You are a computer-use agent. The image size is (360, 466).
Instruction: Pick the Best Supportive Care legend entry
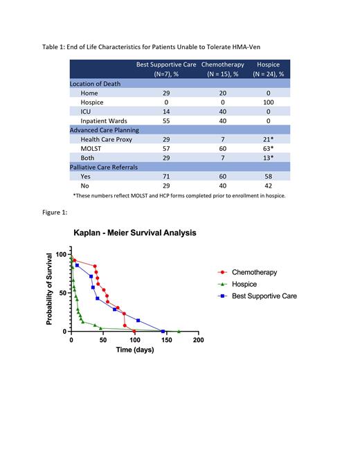point(264,296)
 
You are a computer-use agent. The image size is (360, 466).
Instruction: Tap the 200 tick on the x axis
point(198,340)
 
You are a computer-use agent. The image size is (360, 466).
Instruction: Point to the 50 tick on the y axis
point(63,293)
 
